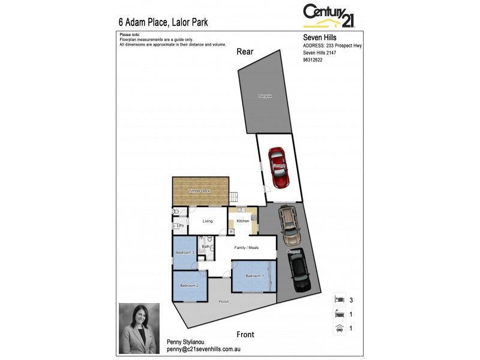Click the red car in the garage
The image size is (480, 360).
[x=279, y=167]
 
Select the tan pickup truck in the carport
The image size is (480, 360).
[x=289, y=221]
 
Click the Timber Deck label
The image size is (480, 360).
[x=200, y=191]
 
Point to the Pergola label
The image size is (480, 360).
[x=265, y=96]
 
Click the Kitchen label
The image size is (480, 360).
[x=242, y=221]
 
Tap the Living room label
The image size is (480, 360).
[x=208, y=221]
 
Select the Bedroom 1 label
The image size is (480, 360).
[x=254, y=275]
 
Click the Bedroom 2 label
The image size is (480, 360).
[x=189, y=285]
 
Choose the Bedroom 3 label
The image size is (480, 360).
[x=184, y=253]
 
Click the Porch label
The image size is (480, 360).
[x=224, y=301]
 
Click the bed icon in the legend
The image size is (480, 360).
[x=339, y=298]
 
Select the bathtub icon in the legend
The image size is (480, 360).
[x=339, y=313]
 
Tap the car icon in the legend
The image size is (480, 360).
[x=339, y=328]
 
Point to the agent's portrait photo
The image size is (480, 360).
[x=139, y=322]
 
